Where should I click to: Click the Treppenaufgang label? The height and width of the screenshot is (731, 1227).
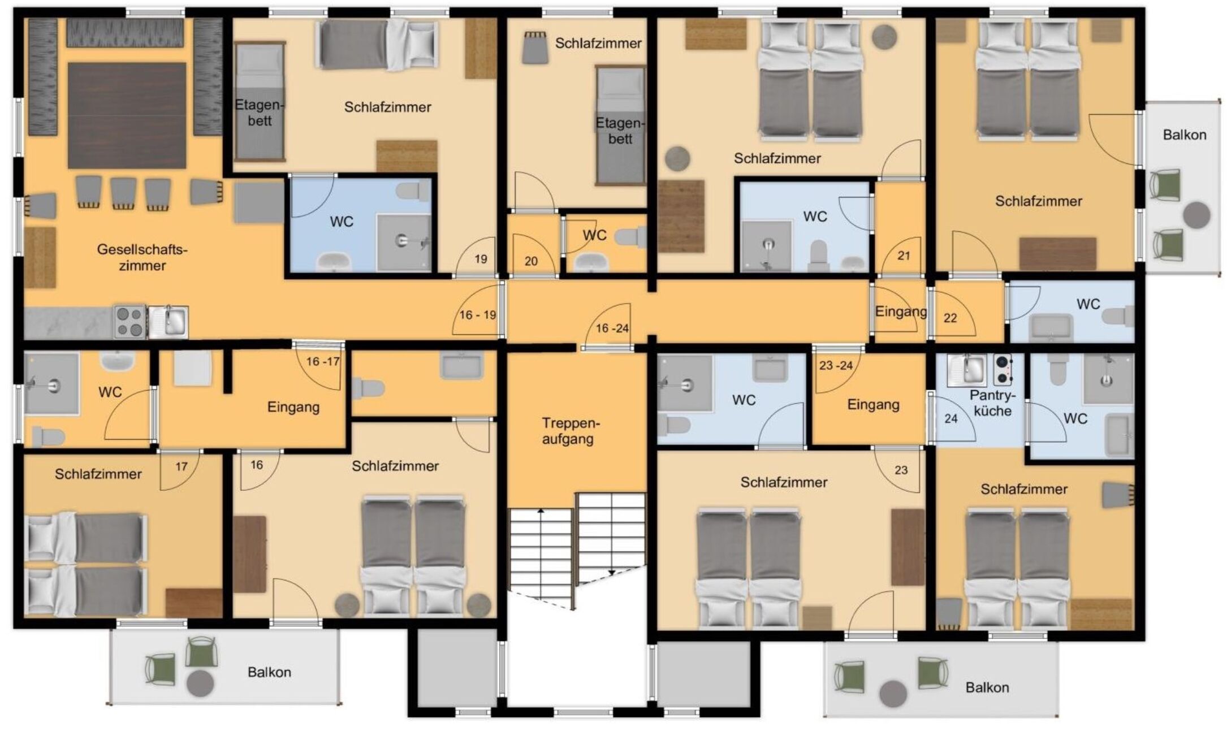[568, 431]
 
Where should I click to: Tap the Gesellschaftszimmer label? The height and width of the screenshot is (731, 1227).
[142, 257]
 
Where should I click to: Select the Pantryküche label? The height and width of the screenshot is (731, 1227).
[993, 403]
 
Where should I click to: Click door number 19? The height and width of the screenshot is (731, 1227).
[481, 259]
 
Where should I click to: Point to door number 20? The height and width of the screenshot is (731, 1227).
[531, 261]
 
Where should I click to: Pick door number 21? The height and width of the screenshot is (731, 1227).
[904, 256]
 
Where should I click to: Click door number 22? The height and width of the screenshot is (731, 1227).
[951, 318]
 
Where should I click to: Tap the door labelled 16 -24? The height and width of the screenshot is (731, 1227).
[612, 328]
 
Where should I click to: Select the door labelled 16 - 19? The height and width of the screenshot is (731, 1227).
[478, 314]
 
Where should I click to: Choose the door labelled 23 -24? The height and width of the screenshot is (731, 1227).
[836, 365]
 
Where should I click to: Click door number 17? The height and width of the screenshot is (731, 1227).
[182, 466]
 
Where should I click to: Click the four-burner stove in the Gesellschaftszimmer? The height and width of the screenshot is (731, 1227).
[131, 321]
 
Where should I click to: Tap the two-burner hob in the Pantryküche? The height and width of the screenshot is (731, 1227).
[1003, 370]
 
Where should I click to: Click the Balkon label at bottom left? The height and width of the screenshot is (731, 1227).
[269, 672]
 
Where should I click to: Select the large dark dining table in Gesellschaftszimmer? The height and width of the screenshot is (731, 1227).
[127, 115]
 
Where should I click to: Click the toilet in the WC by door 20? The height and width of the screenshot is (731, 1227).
[631, 236]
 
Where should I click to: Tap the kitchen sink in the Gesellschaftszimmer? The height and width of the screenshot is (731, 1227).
[168, 322]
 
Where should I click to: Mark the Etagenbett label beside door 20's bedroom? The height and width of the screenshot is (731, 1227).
[620, 131]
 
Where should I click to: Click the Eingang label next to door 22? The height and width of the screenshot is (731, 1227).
[901, 312]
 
